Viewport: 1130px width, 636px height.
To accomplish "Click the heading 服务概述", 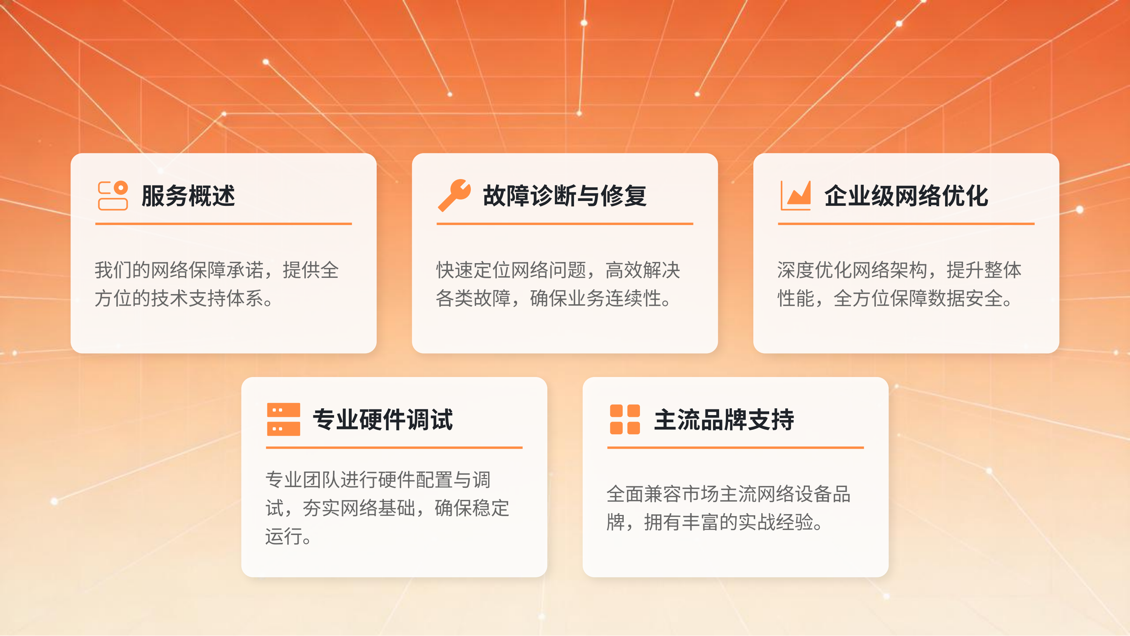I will click(188, 196).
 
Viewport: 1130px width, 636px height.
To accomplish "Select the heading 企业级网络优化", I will click(906, 196).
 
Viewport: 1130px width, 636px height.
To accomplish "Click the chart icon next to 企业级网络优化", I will click(795, 196).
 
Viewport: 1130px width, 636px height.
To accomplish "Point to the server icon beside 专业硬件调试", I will click(283, 419).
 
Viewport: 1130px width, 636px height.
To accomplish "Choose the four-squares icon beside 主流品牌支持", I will click(625, 419).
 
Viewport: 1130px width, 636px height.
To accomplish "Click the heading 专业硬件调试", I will click(383, 420).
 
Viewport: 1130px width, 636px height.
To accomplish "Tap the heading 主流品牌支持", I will click(724, 420).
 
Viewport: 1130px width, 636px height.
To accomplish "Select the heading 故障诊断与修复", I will click(565, 196).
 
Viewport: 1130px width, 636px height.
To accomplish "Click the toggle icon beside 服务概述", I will click(113, 196).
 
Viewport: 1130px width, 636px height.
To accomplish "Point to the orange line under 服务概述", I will click(223, 224).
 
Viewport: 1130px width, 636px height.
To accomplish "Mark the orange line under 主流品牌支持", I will click(735, 448).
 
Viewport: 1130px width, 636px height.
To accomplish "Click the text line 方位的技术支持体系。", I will click(184, 299).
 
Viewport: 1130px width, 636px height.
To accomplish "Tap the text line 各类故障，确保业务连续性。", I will click(553, 299).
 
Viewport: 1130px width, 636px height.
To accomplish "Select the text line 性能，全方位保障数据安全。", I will click(895, 299).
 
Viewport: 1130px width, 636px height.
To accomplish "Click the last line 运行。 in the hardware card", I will click(288, 536).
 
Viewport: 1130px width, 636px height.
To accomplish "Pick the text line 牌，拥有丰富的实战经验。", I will click(715, 522).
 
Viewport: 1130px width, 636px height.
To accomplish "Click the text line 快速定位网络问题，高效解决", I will click(557, 270).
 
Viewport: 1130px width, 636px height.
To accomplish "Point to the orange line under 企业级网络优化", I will click(906, 224).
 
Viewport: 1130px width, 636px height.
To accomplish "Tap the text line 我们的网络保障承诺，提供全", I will click(217, 270).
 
